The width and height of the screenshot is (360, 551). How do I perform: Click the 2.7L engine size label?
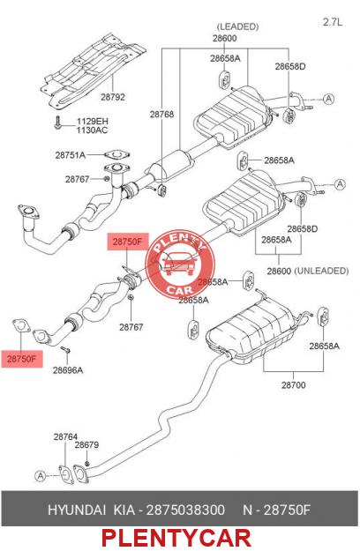pyautogui.click(x=333, y=22)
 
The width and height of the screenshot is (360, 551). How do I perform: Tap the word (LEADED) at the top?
pyautogui.click(x=237, y=26)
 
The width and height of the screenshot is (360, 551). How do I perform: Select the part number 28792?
pyautogui.click(x=113, y=97)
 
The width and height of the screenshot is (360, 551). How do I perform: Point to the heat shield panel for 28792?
pyautogui.click(x=93, y=70)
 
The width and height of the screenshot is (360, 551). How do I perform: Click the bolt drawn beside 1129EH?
pyautogui.click(x=57, y=123)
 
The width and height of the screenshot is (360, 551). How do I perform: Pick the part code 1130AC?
pyautogui.click(x=93, y=130)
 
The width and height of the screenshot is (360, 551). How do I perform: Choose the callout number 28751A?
pyautogui.click(x=71, y=155)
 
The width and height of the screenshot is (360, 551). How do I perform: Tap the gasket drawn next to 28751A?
pyautogui.click(x=117, y=154)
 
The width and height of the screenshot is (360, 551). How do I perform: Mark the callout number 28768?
pyautogui.click(x=161, y=115)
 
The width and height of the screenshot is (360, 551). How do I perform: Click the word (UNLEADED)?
pyautogui.click(x=321, y=271)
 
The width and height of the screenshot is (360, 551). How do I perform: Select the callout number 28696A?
pyautogui.click(x=68, y=370)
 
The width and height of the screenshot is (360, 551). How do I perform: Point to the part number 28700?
pyautogui.click(x=294, y=385)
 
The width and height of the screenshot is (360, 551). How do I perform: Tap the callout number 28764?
pyautogui.click(x=65, y=437)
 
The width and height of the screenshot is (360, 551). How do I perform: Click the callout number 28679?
pyautogui.click(x=86, y=445)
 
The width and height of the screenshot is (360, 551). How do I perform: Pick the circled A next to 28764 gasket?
pyautogui.click(x=41, y=476)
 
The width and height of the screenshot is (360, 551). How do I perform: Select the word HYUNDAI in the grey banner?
pyautogui.click(x=77, y=510)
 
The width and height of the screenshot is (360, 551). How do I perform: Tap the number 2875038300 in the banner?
pyautogui.click(x=185, y=510)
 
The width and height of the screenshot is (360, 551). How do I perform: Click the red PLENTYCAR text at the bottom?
pyautogui.click(x=176, y=538)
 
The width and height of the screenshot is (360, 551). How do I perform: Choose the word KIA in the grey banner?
pyautogui.click(x=124, y=510)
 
